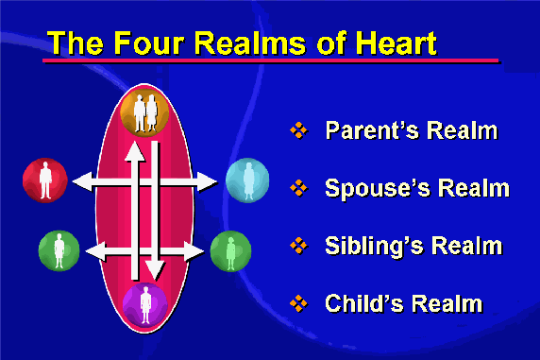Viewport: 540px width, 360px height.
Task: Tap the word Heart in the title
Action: pyautogui.click(x=397, y=43)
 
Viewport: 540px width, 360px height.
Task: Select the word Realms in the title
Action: pyautogui.click(x=250, y=43)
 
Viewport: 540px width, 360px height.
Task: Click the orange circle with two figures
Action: pyautogui.click(x=144, y=113)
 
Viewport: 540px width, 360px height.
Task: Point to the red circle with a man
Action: pyautogui.click(x=44, y=180)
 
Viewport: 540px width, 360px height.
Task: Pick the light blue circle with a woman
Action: pyautogui.click(x=247, y=180)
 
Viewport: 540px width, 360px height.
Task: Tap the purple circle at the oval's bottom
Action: pyautogui.click(x=145, y=304)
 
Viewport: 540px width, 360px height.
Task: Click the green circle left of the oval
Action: pyautogui.click(x=59, y=250)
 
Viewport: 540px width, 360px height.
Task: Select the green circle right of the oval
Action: pyautogui.click(x=230, y=250)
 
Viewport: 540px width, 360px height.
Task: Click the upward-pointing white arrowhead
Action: pyautogui.click(x=135, y=151)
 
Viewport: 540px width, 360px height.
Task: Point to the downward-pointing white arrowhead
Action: pyautogui.click(x=155, y=270)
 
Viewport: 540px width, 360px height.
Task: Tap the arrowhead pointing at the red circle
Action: pyautogui.click(x=83, y=181)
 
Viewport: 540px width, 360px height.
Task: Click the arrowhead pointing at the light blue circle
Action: pyautogui.click(x=208, y=181)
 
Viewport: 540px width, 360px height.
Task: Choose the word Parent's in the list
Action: pyautogui.click(x=372, y=130)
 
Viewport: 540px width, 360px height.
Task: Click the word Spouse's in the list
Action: pyautogui.click(x=378, y=188)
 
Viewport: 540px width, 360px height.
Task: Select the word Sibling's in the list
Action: pyautogui.click(x=375, y=246)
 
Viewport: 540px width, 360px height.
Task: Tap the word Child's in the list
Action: pyautogui.click(x=364, y=303)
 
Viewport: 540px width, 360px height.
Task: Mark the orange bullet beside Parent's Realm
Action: pyautogui.click(x=298, y=130)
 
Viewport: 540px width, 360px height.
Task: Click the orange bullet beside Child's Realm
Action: pyautogui.click(x=298, y=303)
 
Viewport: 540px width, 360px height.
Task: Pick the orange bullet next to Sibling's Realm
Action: pyautogui.click(x=298, y=246)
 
